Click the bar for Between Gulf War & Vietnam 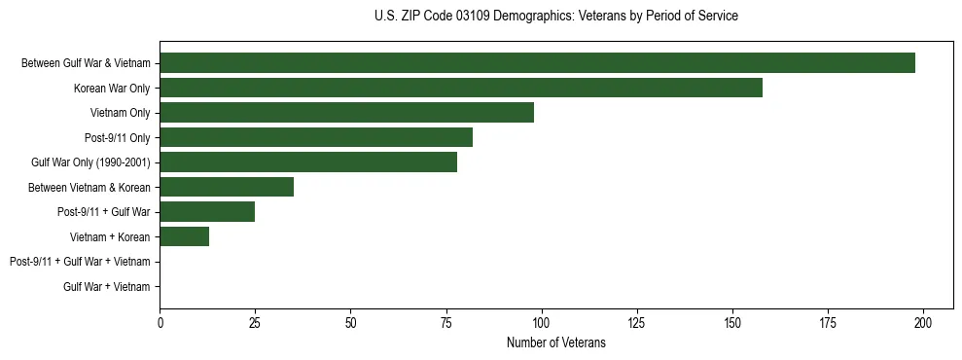[537, 63]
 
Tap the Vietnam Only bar [346, 113]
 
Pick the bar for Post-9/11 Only [316, 137]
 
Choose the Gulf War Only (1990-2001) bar [308, 162]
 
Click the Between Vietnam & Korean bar [227, 187]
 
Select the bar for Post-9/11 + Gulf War [207, 212]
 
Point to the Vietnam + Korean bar [185, 236]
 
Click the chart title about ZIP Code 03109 [555, 17]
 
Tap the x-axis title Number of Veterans [555, 343]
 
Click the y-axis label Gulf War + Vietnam [106, 286]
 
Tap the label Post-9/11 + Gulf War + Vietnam [80, 262]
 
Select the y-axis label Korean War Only [112, 89]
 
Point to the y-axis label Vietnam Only [120, 113]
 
